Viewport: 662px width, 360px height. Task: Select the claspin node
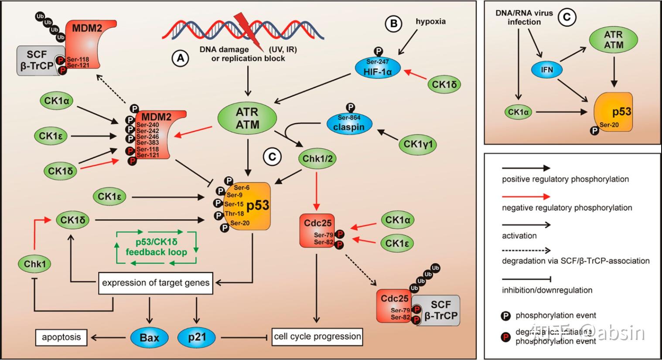pyautogui.click(x=349, y=124)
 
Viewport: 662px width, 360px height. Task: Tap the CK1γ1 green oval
pyautogui.click(x=419, y=144)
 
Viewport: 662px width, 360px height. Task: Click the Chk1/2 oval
pyautogui.click(x=317, y=159)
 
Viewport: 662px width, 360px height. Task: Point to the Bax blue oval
pyautogui.click(x=150, y=337)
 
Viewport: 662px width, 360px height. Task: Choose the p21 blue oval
pyautogui.click(x=198, y=337)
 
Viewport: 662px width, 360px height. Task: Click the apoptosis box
pyautogui.click(x=61, y=337)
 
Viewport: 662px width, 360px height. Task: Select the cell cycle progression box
pyautogui.click(x=317, y=336)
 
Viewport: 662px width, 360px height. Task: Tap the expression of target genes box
pyautogui.click(x=156, y=283)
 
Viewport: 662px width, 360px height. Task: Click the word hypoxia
pyautogui.click(x=430, y=21)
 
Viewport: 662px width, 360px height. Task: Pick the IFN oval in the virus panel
pyautogui.click(x=547, y=70)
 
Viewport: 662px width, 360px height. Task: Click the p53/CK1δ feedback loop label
pyautogui.click(x=157, y=247)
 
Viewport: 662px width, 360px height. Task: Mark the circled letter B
pyautogui.click(x=393, y=24)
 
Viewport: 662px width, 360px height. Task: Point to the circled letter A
pyautogui.click(x=180, y=58)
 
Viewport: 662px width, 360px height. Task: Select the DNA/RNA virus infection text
pyautogui.click(x=524, y=17)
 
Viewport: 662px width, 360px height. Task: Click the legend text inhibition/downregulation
pyautogui.click(x=547, y=290)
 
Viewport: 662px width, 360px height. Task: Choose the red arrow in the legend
pyautogui.click(x=526, y=197)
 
